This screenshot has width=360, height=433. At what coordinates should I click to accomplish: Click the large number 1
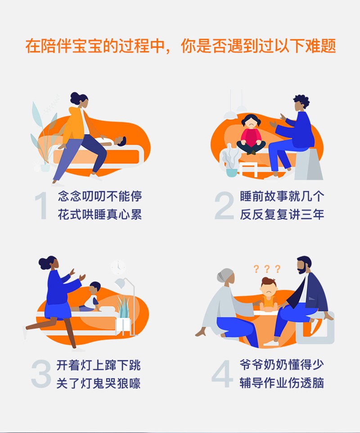coord(42,206)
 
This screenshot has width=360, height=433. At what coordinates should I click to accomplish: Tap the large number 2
coord(224,205)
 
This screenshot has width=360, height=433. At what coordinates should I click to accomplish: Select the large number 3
coord(41,374)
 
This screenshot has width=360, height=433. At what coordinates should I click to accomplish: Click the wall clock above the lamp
coord(118,267)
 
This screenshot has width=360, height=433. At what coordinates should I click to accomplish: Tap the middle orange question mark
coord(267,269)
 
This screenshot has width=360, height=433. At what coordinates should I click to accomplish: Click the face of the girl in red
coord(251,123)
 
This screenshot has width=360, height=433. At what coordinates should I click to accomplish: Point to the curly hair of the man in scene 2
coord(301,100)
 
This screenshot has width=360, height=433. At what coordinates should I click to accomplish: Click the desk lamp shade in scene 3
coord(120,284)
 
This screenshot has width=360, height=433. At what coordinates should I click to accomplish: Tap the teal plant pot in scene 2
coord(232,172)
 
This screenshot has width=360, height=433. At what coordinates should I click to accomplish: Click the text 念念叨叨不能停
coord(100,196)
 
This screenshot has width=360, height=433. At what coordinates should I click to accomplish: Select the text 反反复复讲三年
coord(282,215)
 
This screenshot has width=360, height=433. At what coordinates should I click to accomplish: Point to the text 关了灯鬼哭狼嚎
coord(99,383)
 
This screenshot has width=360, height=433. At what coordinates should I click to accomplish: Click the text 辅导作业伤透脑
coord(282,383)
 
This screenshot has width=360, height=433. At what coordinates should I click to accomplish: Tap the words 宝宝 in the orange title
coord(87,46)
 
